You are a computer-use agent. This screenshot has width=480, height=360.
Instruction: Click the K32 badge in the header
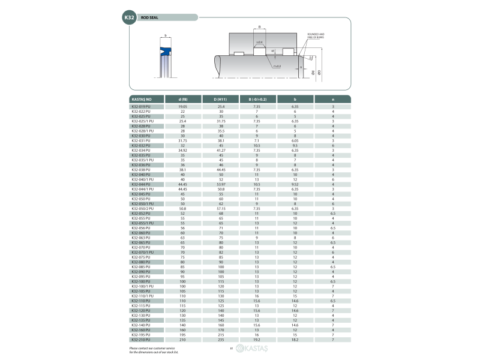click(x=130, y=18)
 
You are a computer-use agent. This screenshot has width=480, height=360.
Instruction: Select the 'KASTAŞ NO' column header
click(x=141, y=98)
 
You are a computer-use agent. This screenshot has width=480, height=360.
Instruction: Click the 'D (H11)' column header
click(x=220, y=98)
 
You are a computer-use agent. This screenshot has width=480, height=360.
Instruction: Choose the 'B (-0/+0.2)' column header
click(x=257, y=98)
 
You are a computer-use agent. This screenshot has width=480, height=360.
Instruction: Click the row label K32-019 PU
click(x=141, y=106)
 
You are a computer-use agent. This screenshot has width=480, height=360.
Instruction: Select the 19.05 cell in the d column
click(x=182, y=106)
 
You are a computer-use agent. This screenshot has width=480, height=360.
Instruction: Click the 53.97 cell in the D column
click(x=220, y=184)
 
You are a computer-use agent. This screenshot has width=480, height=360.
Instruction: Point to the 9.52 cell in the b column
click(x=295, y=184)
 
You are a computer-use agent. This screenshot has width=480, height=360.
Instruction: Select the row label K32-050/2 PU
click(x=142, y=208)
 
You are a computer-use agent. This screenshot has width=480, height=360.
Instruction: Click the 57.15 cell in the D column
click(x=220, y=208)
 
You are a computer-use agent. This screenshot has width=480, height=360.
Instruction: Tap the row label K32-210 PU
click(x=141, y=339)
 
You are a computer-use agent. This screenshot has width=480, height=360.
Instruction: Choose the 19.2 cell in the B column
click(x=257, y=339)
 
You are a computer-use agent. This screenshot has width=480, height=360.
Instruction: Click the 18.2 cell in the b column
click(x=295, y=339)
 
